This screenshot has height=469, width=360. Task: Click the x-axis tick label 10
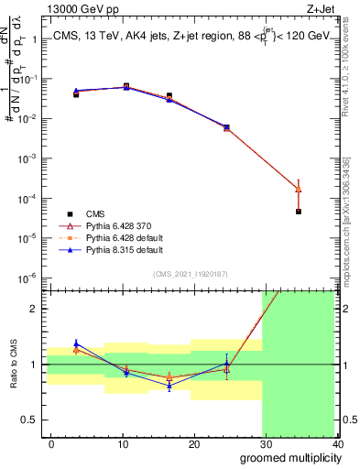[123, 444]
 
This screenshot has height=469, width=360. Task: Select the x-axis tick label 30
[266, 444]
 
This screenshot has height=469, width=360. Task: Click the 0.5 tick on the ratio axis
[29, 420]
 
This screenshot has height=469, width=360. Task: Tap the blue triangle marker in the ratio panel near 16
[169, 387]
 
